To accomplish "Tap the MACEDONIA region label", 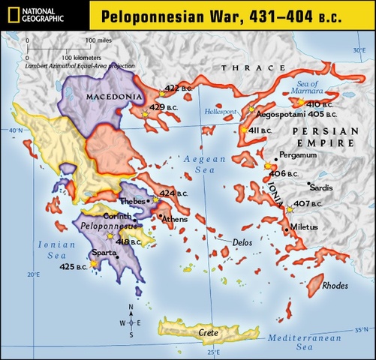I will click(113, 97).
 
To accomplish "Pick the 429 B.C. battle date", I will click(167, 107).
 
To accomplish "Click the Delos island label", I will click(244, 243).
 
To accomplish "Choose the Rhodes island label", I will click(333, 285).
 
